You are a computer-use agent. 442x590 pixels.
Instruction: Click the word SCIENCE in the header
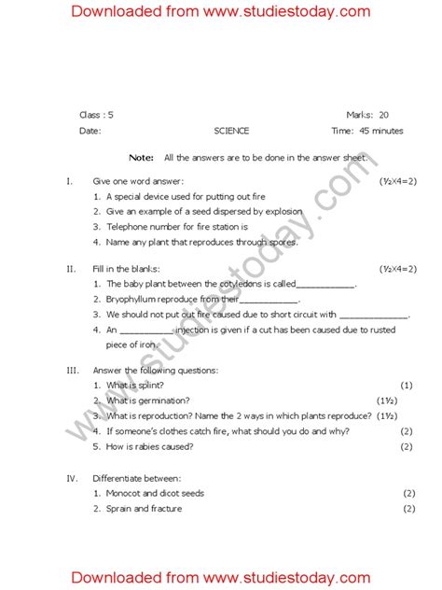pyautogui.click(x=231, y=131)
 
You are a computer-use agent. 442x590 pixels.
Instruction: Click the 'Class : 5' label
pyautogui.click(x=96, y=115)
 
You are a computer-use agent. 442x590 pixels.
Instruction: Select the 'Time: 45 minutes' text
pyautogui.click(x=367, y=131)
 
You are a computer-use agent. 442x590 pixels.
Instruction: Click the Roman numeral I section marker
pyautogui.click(x=69, y=180)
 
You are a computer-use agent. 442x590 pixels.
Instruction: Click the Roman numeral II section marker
pyautogui.click(x=71, y=269)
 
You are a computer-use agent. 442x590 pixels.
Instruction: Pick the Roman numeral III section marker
pyautogui.click(x=72, y=370)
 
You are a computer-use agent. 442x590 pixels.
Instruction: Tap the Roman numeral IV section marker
pyautogui.click(x=72, y=478)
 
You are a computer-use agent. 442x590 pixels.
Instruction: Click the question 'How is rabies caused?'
pyautogui.click(x=150, y=446)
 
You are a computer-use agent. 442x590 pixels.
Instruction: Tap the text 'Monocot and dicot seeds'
pyautogui.click(x=155, y=493)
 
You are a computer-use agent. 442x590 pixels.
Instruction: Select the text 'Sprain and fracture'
pyautogui.click(x=145, y=509)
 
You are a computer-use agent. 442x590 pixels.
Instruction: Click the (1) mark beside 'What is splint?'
pyautogui.click(x=407, y=385)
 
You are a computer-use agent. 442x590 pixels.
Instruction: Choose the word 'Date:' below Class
pyautogui.click(x=90, y=131)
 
